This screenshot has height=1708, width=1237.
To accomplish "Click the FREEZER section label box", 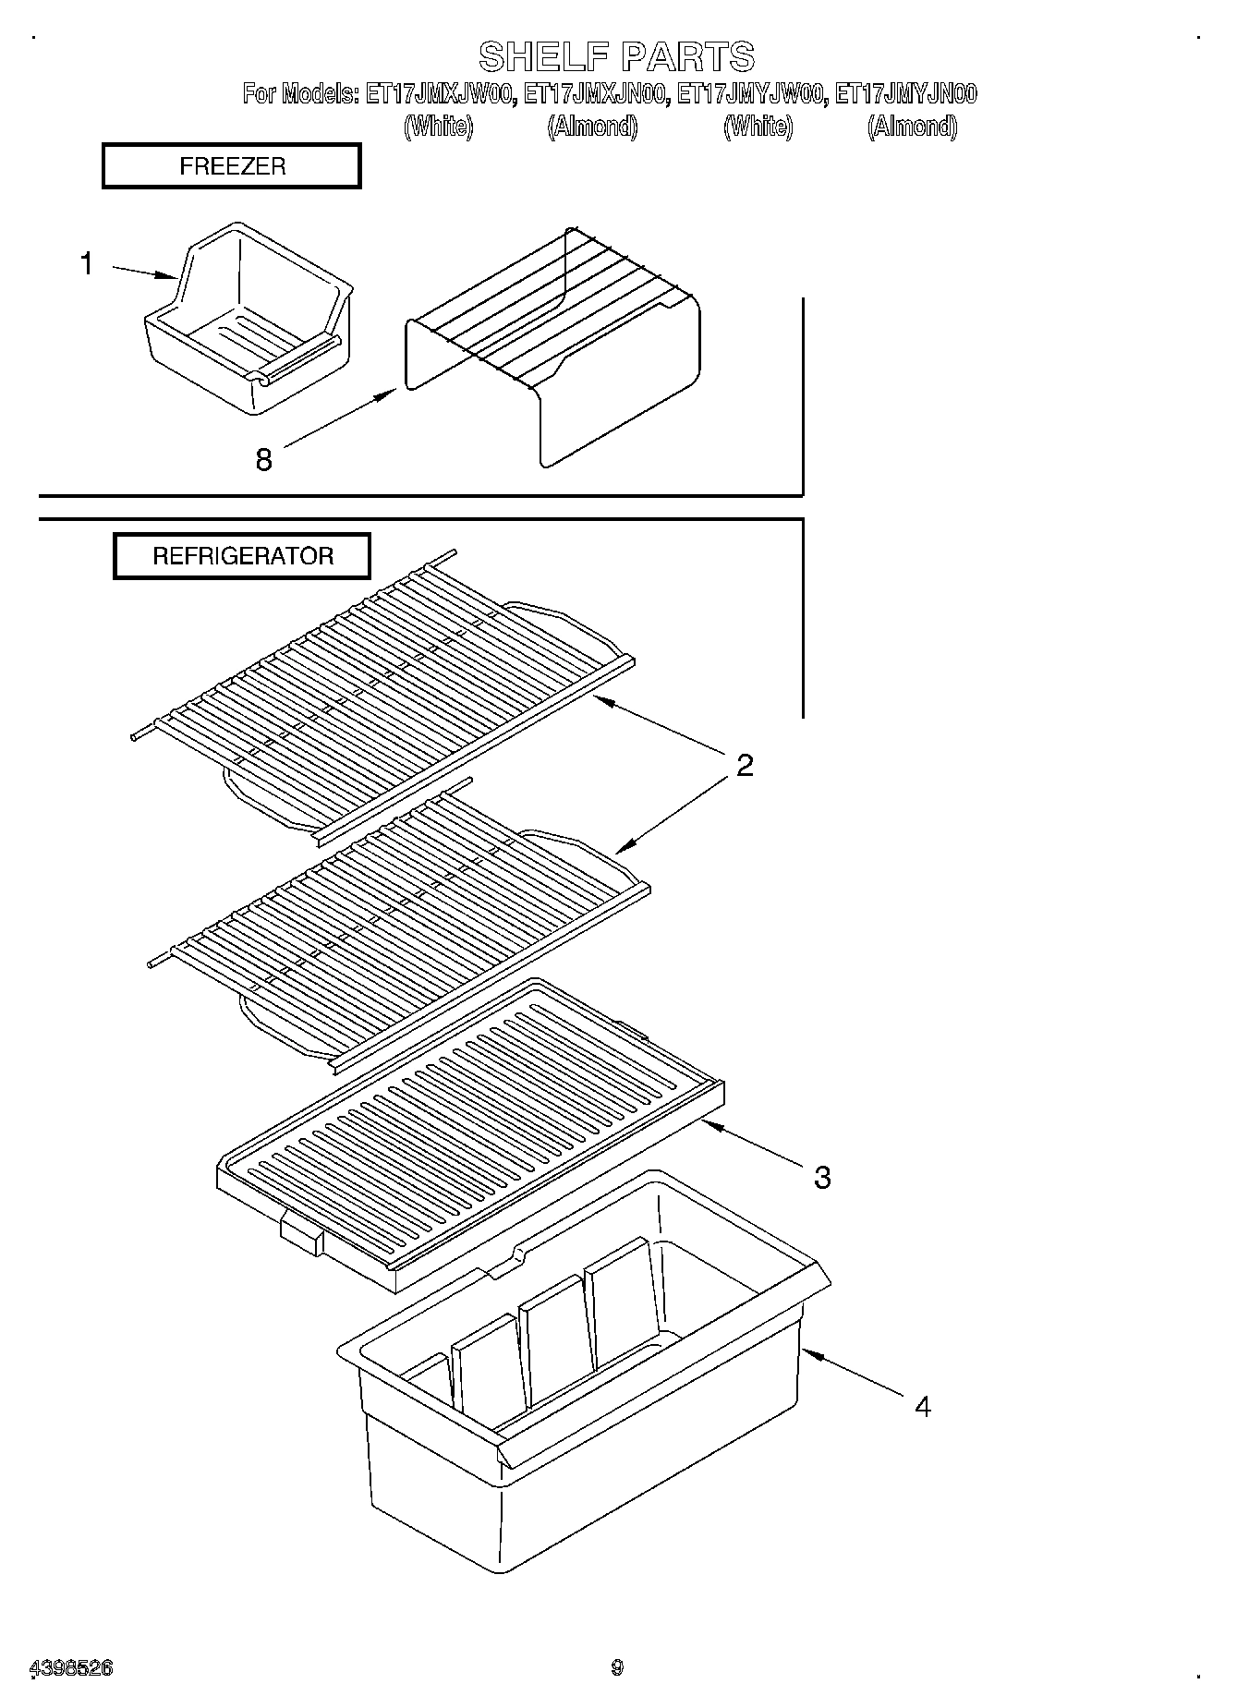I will coord(231,166).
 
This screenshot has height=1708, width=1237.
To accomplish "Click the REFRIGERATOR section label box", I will coord(242,556).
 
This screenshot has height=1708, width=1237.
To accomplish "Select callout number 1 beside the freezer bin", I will coord(86,264).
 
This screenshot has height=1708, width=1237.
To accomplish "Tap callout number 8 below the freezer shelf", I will coord(263,459).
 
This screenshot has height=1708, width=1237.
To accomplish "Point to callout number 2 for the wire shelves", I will coord(745,765).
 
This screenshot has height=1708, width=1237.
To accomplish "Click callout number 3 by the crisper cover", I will coord(821,1177).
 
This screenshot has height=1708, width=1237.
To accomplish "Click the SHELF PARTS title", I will coord(616,57).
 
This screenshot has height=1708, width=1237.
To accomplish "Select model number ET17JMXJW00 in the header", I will coord(439,94).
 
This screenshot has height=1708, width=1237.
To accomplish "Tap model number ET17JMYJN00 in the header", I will coord(905,94).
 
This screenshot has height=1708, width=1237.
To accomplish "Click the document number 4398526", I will coord(72,1667).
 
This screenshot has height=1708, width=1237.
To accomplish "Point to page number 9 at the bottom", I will coord(617,1667).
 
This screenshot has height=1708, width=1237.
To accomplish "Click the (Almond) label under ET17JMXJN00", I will coord(592,127).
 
